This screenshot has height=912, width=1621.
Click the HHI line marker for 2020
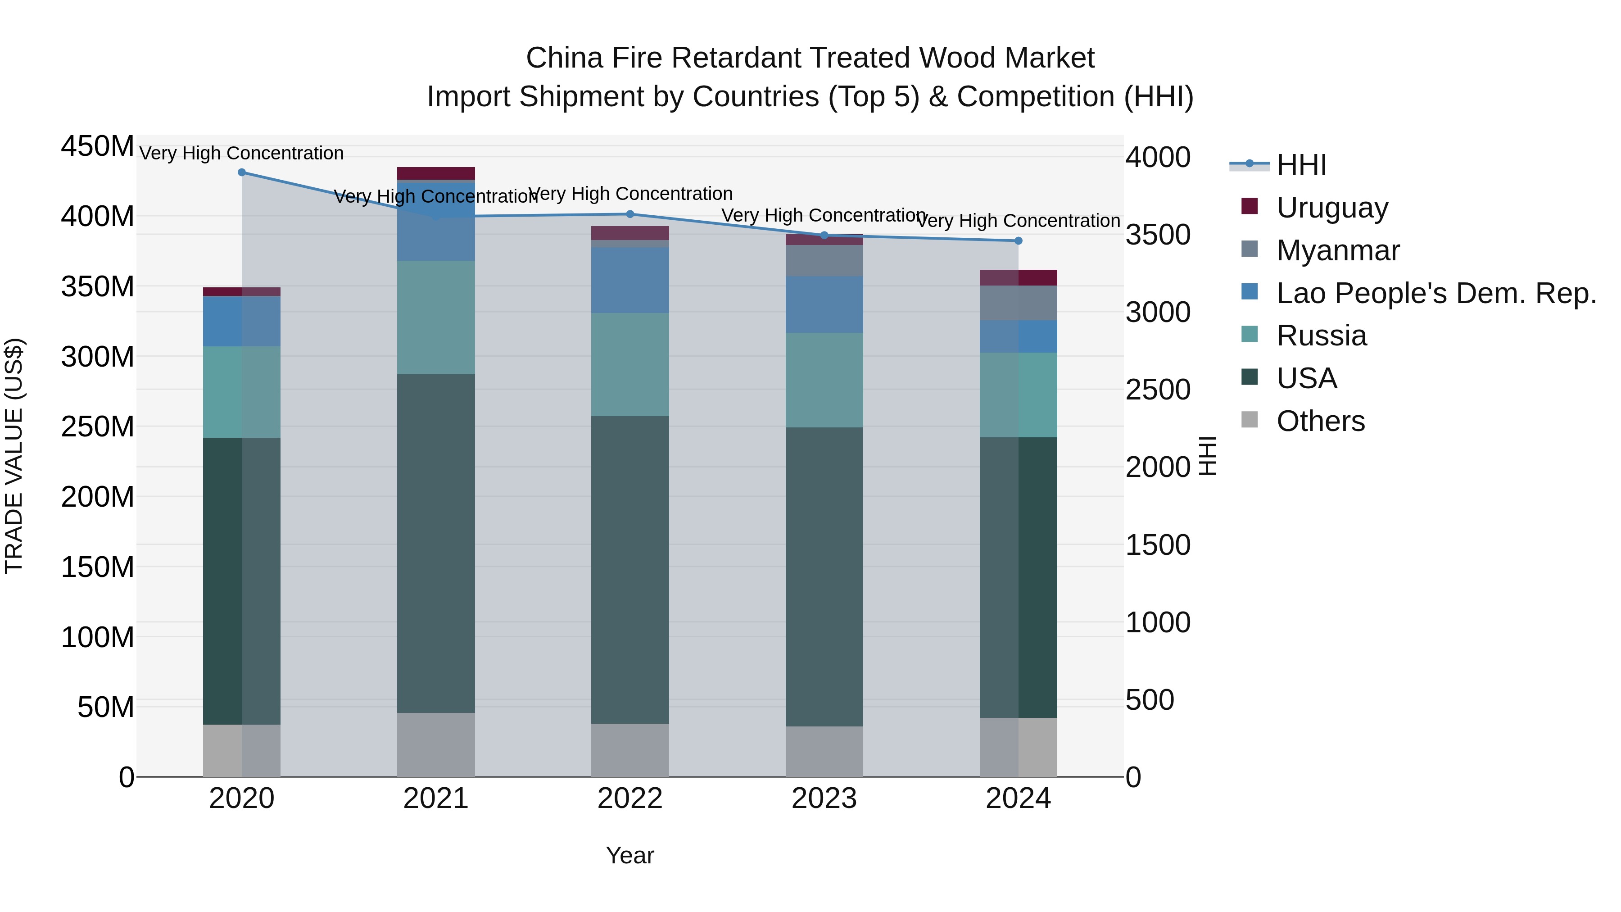242,172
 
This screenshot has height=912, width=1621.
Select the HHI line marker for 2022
630,214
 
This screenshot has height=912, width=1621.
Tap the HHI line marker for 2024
1018,240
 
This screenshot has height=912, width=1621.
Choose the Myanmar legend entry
1337,250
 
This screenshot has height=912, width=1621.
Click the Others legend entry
1320,421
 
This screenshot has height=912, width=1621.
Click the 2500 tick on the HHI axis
1157,390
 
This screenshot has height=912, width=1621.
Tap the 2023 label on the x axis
824,799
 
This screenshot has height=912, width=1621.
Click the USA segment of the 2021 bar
435,543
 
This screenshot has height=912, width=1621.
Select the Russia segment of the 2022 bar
630,364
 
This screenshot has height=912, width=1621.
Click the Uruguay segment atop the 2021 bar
435,173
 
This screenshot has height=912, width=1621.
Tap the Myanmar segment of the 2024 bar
1018,303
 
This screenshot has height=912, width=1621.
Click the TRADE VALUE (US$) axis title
14,456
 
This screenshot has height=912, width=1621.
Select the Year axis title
630,855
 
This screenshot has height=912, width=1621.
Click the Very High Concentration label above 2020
242,153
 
